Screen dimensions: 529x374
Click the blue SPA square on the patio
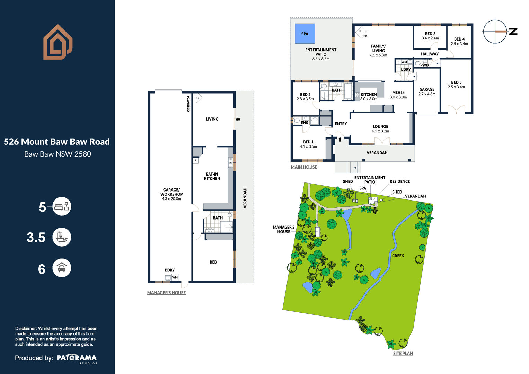pos(305,34)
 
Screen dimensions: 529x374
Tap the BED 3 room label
pos(430,34)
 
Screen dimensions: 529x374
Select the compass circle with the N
pos(495,32)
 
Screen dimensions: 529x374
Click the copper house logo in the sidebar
pos(58,42)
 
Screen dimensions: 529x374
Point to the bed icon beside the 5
pos(62,206)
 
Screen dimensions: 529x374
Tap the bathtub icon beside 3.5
pos(62,237)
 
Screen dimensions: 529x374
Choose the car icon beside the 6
pos(62,268)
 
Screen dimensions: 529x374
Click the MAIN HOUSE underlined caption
pos(304,167)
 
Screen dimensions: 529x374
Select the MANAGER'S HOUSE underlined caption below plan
pos(167,293)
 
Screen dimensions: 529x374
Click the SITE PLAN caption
pos(403,353)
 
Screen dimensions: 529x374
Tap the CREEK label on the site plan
pos(398,256)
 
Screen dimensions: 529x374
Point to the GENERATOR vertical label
pos(188,104)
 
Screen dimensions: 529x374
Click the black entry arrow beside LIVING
pos(238,119)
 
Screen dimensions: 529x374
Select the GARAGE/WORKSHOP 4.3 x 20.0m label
pos(171,194)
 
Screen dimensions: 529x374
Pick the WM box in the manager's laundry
pos(175,277)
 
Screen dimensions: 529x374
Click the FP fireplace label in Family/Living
pos(365,36)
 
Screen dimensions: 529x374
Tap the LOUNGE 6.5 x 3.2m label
pos(380,129)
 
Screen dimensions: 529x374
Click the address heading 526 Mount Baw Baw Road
pos(57,142)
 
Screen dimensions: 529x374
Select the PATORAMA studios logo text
pos(77,359)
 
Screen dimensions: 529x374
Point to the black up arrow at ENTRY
pos(340,139)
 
